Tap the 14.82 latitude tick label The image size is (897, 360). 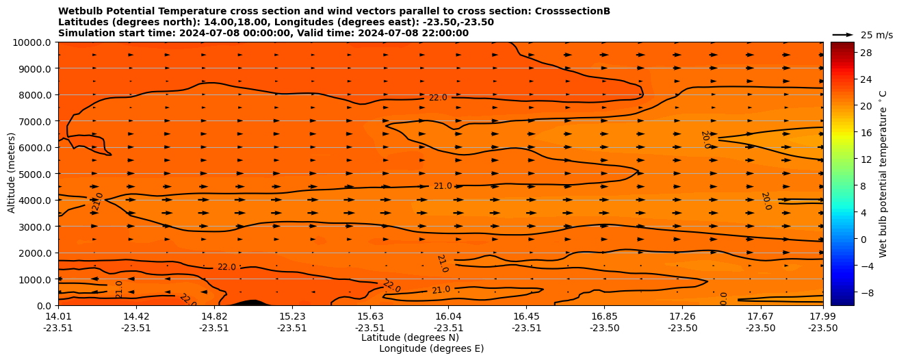coord(214,316)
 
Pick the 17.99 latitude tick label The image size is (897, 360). coord(822,316)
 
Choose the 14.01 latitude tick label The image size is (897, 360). coord(58,316)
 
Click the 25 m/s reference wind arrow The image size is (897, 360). coord(843,34)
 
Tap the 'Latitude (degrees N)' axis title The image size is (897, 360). coord(410,337)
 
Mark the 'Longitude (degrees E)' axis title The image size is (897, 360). coord(431,348)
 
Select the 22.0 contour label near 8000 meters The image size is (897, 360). coord(438,98)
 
